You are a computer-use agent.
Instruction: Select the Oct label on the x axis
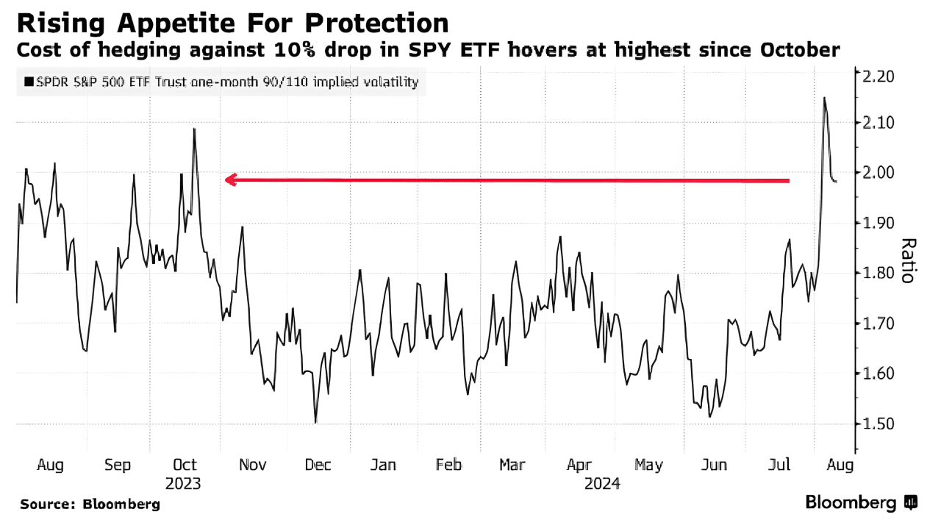click(x=185, y=465)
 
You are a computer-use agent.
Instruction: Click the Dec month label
click(x=318, y=465)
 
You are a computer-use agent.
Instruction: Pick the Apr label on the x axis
click(x=580, y=465)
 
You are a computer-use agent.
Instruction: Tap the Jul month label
click(x=779, y=465)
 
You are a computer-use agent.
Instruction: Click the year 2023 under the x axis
click(x=183, y=485)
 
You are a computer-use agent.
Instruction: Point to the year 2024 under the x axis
click(x=603, y=485)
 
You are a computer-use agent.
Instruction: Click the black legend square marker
click(x=29, y=82)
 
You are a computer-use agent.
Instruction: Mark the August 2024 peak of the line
click(x=824, y=98)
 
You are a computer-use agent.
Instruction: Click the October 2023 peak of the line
click(x=194, y=129)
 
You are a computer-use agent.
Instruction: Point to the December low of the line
click(x=315, y=423)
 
